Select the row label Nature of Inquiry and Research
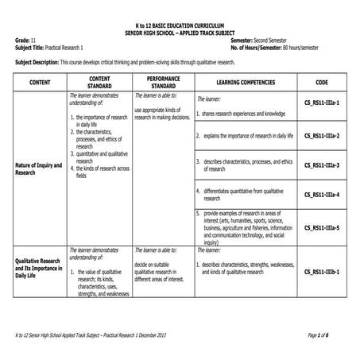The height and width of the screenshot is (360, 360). [x=38, y=168]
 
